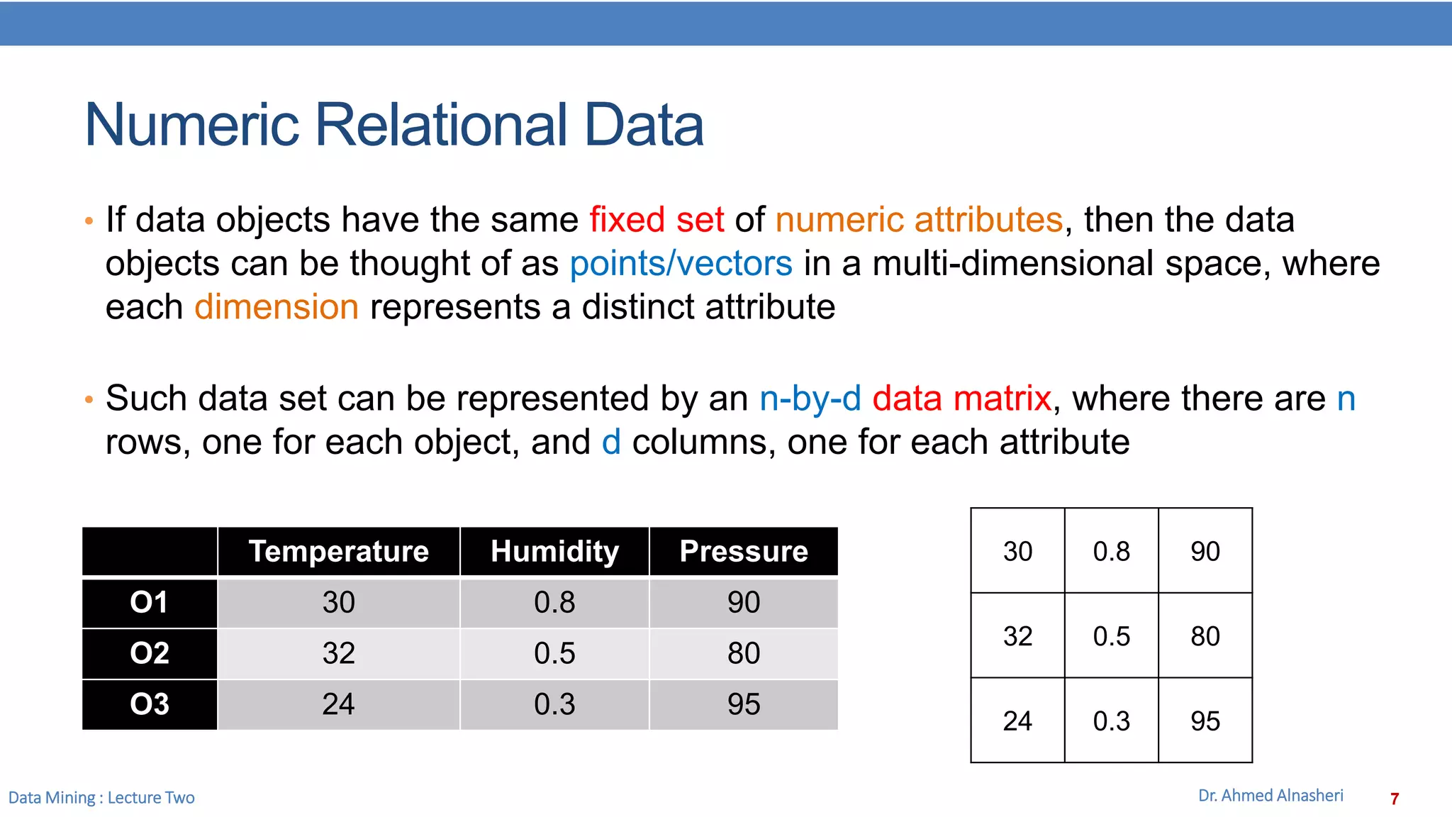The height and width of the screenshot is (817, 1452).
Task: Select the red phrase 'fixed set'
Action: coord(657,220)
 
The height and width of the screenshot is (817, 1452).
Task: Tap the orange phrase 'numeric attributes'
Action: coord(919,220)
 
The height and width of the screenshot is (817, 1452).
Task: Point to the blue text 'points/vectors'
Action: coord(681,264)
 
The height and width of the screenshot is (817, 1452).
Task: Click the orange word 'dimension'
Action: coord(277,308)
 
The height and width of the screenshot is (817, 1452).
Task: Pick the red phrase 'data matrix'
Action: coord(961,399)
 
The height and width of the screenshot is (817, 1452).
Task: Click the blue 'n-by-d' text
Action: coord(810,399)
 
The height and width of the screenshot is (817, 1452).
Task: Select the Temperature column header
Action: coord(339,552)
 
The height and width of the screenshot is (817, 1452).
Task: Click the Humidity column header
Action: coord(554,552)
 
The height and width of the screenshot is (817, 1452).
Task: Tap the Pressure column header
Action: coord(744,552)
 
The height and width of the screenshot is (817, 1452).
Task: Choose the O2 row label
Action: coord(150,653)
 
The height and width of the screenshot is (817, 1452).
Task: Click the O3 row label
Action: coord(150,704)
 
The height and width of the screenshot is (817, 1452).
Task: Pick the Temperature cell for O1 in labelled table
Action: coord(339,603)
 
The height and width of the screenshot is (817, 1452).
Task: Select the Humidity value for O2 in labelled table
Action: coord(554,653)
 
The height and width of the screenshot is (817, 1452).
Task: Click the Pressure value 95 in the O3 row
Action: coord(744,704)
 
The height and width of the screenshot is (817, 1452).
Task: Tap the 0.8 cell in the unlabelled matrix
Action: coord(1111,552)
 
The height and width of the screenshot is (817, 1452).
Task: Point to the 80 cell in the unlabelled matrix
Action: coord(1205,636)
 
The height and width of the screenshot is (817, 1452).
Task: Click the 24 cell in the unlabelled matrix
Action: coord(1017,721)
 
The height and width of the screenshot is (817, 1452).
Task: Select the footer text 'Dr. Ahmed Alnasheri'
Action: coord(1270,796)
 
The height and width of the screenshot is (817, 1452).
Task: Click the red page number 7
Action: coord(1395,799)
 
